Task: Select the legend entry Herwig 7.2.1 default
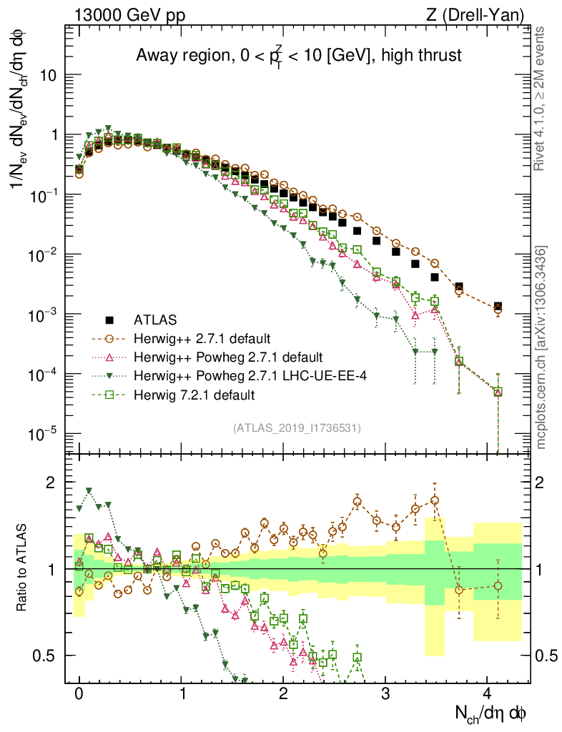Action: pos(194,395)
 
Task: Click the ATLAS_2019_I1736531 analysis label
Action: pos(296,428)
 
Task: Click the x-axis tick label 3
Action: pos(385,694)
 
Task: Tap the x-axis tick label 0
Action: pos(79,694)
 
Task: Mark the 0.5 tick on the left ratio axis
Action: pos(48,656)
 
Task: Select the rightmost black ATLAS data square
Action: pos(498,306)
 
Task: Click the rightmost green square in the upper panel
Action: pos(498,392)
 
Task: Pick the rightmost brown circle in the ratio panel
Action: pos(498,585)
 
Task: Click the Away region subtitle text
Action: pos(297,55)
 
